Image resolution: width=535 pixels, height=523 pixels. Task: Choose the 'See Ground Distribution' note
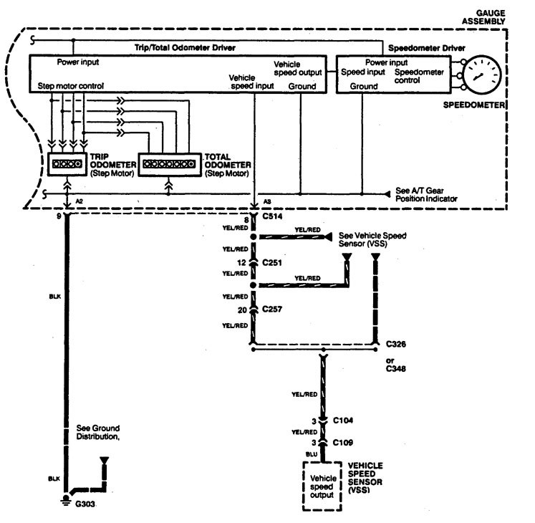pos(95,433)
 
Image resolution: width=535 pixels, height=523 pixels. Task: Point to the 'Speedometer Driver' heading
pos(427,48)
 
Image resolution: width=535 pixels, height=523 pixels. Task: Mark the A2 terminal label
pos(80,201)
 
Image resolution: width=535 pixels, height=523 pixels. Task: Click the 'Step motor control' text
pos(71,86)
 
